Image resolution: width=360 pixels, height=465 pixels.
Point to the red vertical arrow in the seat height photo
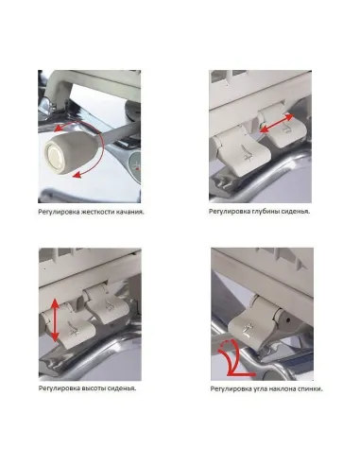click(54, 319)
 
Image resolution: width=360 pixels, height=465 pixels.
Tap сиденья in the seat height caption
click(123, 388)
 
